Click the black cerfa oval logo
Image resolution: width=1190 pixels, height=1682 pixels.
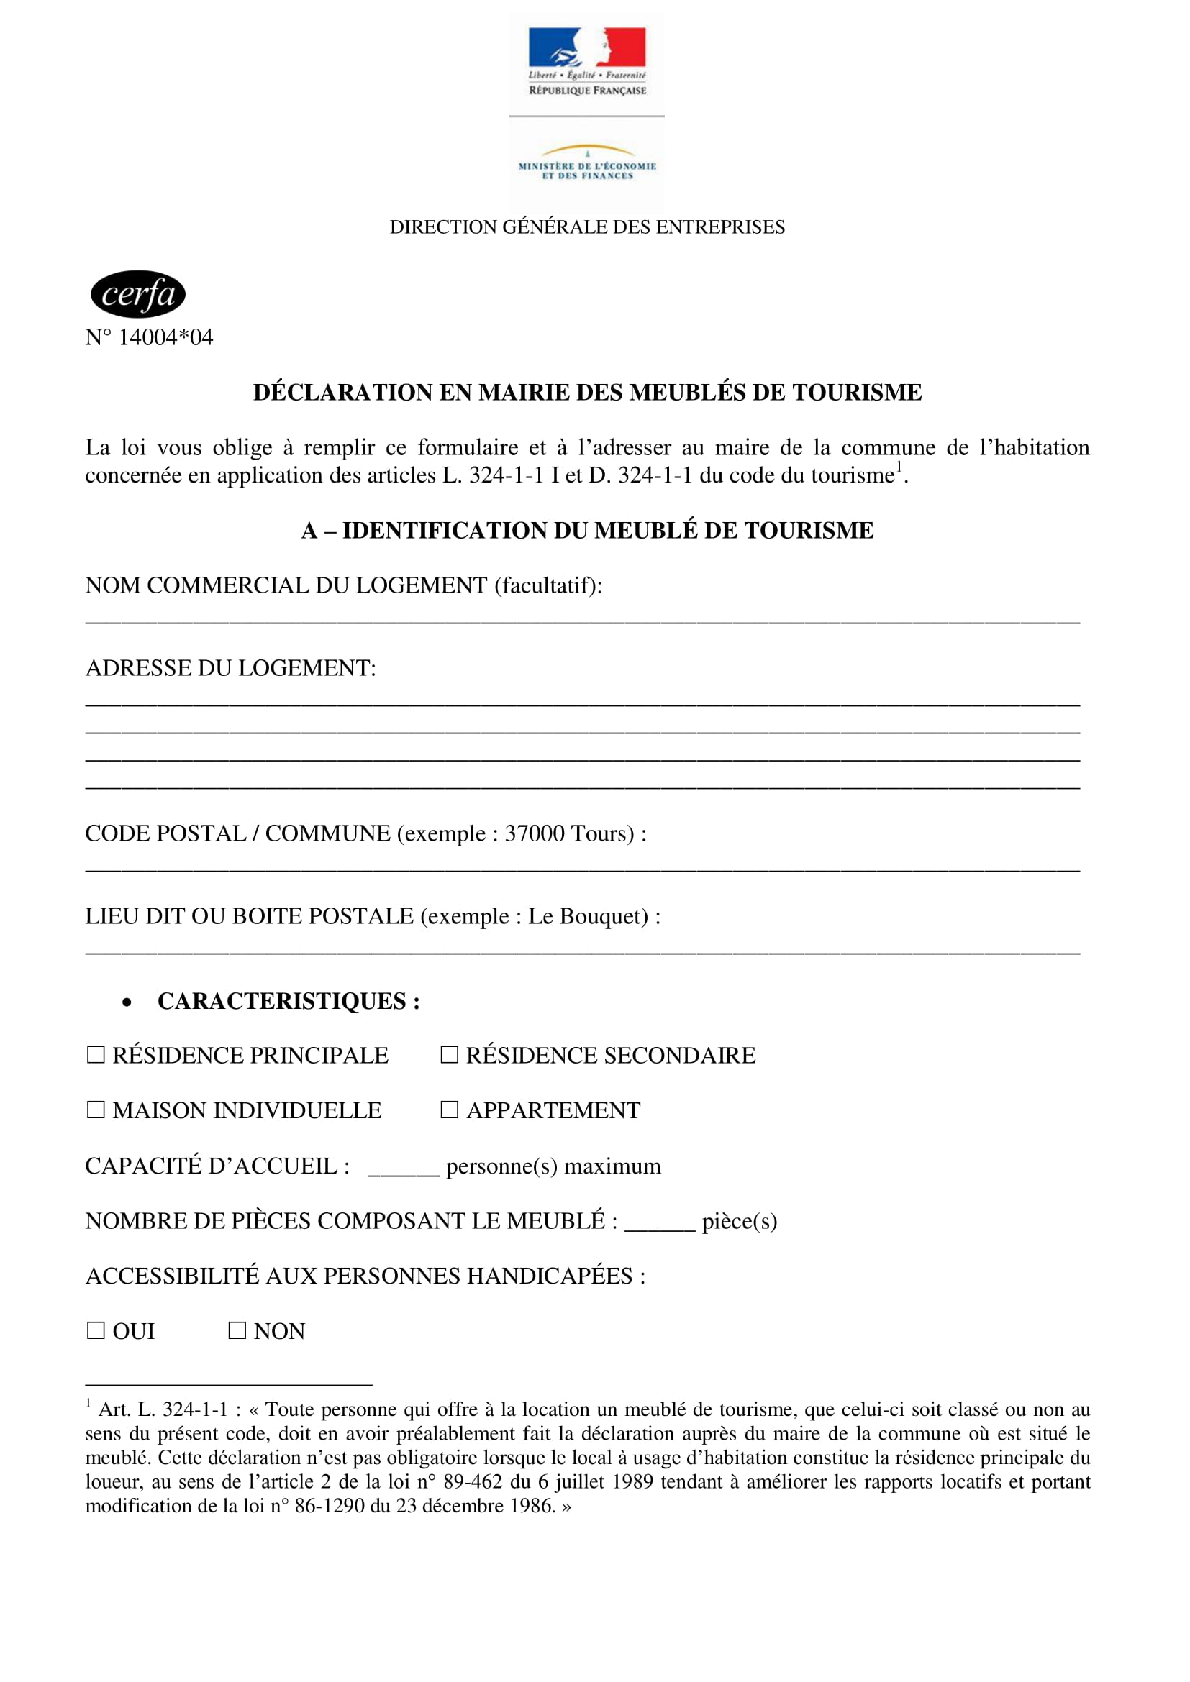point(137,295)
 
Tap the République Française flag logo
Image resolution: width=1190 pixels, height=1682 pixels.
point(587,47)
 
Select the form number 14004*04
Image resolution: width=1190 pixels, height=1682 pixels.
point(165,338)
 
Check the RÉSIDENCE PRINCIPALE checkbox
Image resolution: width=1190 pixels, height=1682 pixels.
point(96,1055)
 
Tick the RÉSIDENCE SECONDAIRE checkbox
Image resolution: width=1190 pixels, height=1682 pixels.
point(449,1055)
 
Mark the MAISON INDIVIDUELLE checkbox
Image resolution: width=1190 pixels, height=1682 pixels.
point(96,1110)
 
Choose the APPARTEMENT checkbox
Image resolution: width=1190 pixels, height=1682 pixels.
point(449,1110)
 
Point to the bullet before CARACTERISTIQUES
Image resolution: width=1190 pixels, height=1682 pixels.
point(127,1002)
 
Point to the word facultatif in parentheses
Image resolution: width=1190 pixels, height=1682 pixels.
point(548,585)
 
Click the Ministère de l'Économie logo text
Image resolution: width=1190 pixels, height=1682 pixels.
point(587,170)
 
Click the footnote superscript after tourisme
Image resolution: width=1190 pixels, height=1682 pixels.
point(900,467)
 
